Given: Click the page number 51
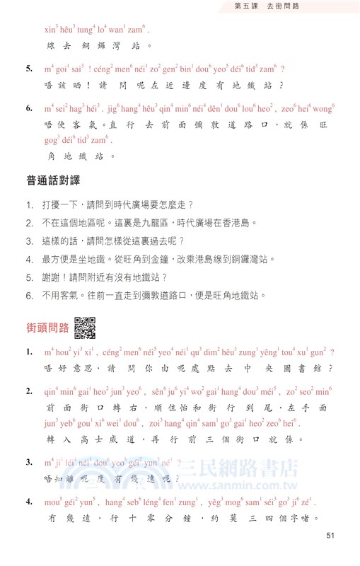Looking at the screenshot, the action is pyautogui.click(x=330, y=536).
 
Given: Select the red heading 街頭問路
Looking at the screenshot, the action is pyautogui.click(x=47, y=328).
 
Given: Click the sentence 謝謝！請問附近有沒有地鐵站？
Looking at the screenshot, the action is pyautogui.click(x=105, y=278).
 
